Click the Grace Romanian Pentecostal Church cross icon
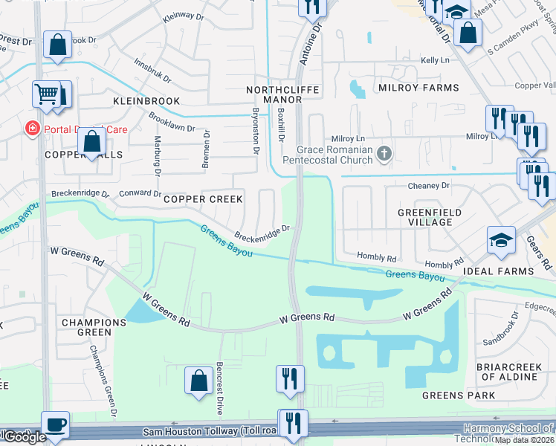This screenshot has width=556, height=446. tap(384, 154)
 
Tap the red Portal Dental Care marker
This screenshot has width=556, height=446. tap(31, 129)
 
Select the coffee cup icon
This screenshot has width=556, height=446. tap(56, 425)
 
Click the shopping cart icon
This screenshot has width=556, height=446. tap(46, 94)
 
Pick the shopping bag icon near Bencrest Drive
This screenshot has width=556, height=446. tap(200, 381)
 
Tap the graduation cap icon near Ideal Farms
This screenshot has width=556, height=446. tap(502, 240)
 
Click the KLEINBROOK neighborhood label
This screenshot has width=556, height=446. tap(147, 100)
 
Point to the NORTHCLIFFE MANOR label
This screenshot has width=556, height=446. tap(282, 94)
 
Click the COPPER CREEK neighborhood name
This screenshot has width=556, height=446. tap(203, 199)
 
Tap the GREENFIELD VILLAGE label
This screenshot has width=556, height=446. tap(424, 217)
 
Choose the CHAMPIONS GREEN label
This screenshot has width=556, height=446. tap(94, 328)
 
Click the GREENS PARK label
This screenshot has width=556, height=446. tap(459, 395)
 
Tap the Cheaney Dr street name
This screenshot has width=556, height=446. tap(429, 185)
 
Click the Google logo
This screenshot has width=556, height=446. tap(24, 438)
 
